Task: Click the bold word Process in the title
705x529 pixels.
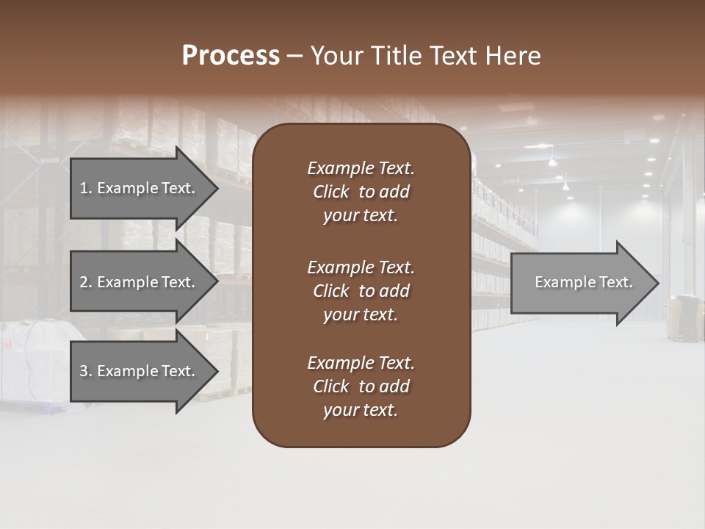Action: (x=231, y=56)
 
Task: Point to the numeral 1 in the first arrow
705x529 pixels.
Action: (x=84, y=188)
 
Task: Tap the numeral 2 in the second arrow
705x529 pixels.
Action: (x=84, y=282)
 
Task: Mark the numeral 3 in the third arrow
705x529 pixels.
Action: (x=84, y=371)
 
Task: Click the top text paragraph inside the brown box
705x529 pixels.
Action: (x=361, y=192)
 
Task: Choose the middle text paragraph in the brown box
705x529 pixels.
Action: (x=361, y=290)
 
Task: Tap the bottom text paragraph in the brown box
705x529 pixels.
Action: (x=361, y=386)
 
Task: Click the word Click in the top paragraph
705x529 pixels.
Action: (x=331, y=192)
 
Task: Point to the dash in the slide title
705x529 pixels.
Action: (x=294, y=57)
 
